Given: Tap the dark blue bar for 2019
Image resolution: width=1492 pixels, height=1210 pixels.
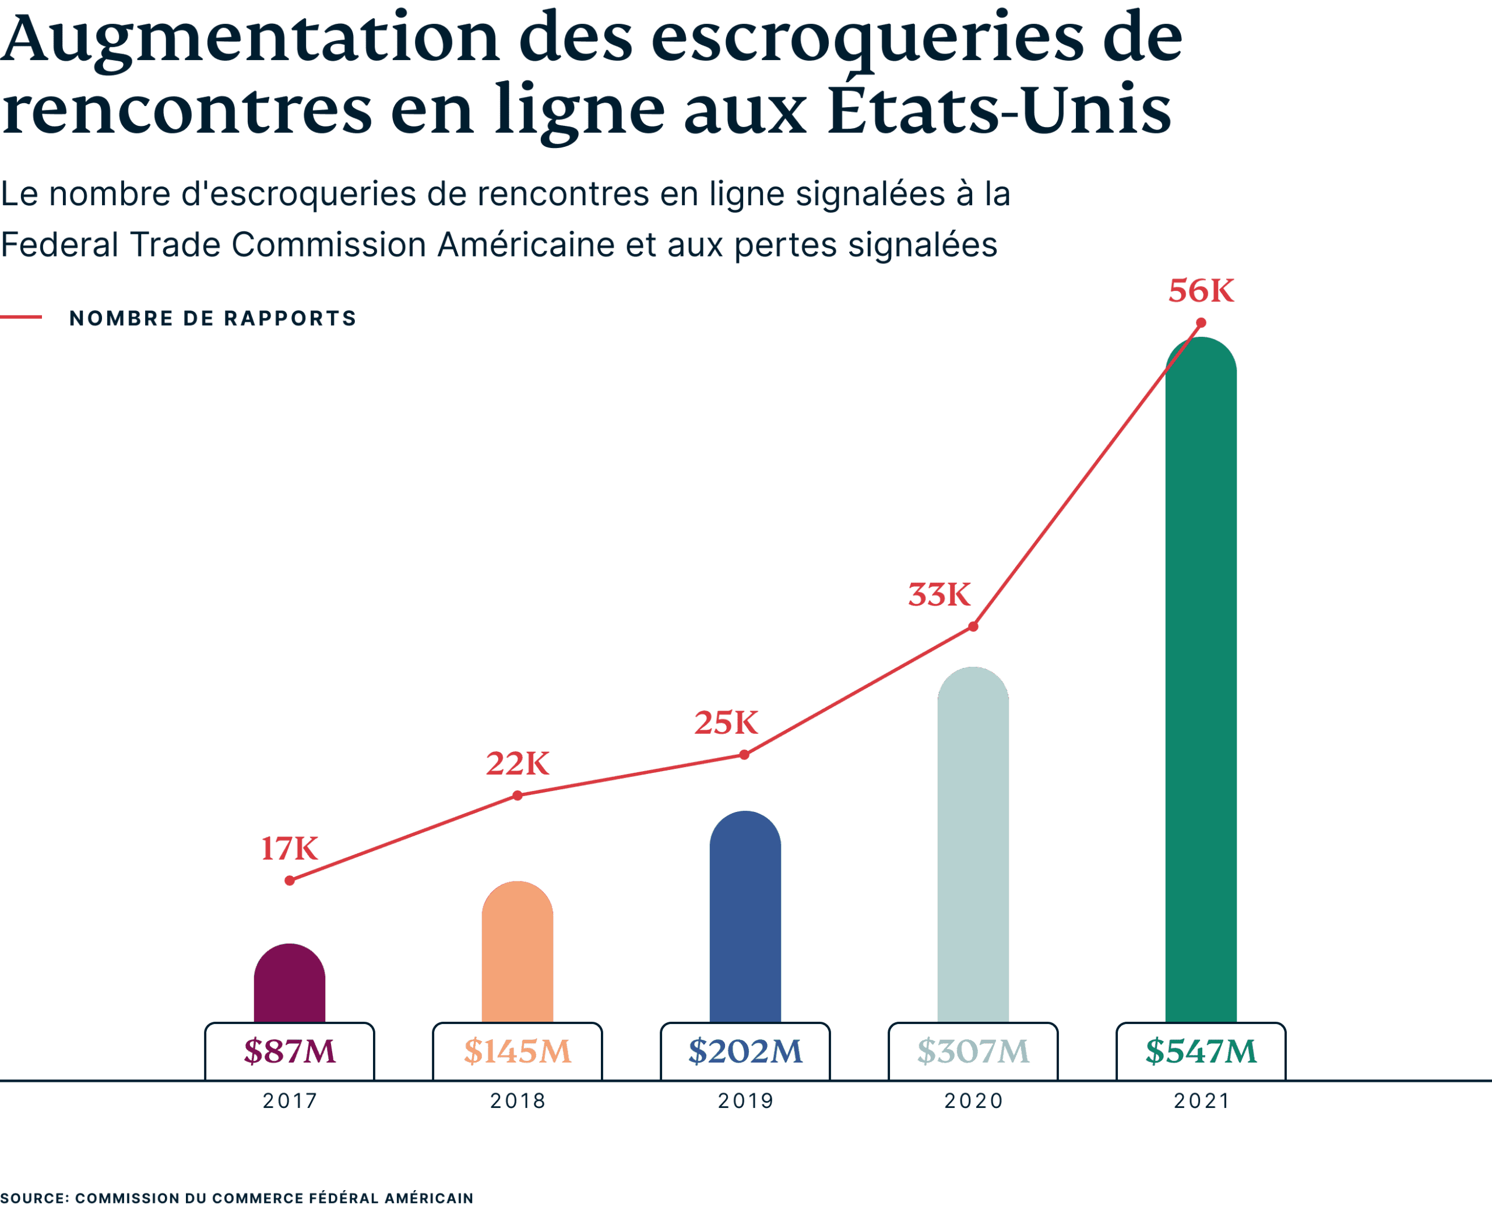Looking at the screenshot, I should tap(745, 917).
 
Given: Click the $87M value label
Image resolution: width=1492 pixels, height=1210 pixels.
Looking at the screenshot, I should tap(289, 1051).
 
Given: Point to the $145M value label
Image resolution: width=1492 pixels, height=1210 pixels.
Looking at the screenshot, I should tap(517, 1051).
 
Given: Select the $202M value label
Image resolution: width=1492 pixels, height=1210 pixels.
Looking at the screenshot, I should tap(745, 1051).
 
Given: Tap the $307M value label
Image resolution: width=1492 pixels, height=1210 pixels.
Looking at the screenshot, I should tap(973, 1051).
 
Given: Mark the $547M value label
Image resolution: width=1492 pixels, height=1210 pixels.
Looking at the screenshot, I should tap(1201, 1051).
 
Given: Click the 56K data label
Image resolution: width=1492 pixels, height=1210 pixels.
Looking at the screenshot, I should tap(1201, 291).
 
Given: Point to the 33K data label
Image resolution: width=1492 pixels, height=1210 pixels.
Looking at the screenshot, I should tap(939, 595).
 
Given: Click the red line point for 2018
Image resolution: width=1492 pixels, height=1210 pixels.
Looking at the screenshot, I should tap(517, 795).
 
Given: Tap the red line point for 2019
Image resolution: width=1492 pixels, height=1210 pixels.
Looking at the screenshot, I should tap(745, 755).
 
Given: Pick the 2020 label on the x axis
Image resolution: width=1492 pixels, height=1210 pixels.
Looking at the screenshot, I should tap(973, 1101).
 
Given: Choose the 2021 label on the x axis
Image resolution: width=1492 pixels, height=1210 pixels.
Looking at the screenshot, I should tap(1201, 1101).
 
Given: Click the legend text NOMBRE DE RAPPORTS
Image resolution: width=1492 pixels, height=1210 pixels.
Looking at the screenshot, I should tap(213, 319).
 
